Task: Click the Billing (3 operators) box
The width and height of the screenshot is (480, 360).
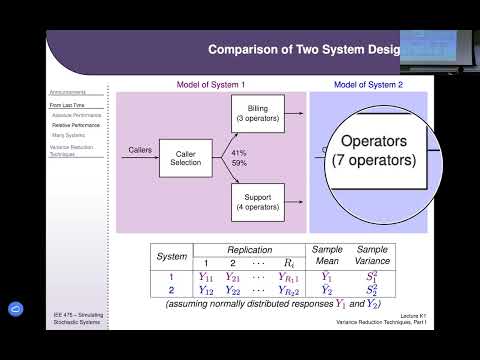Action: tap(257, 114)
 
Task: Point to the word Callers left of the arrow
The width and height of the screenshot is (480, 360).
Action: tap(140, 150)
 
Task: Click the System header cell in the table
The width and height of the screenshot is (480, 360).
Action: tap(173, 256)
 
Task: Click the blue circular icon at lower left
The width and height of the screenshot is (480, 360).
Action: tap(16, 309)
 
